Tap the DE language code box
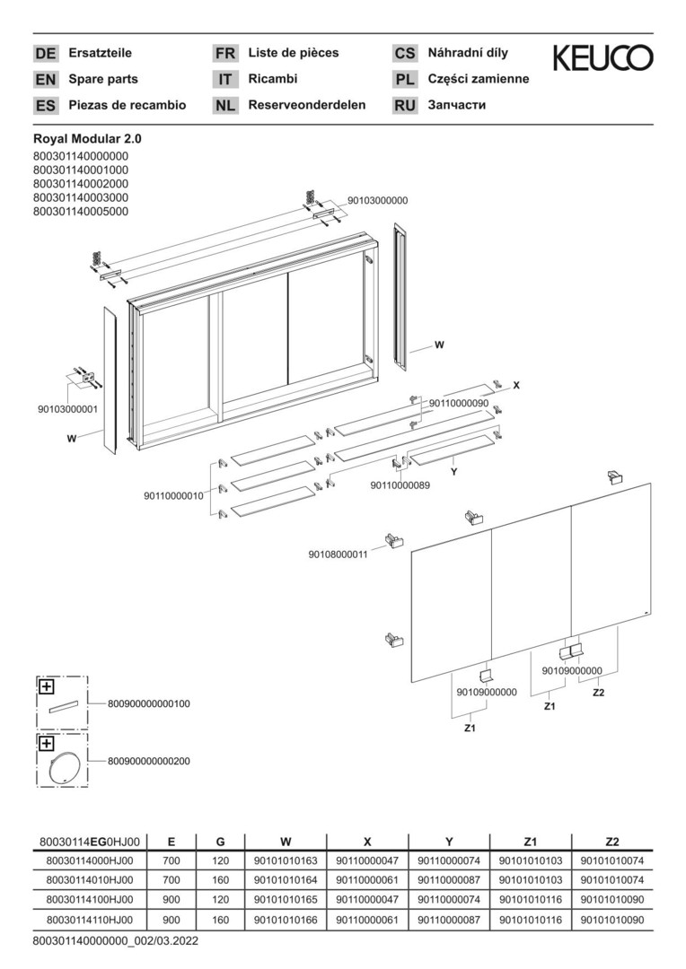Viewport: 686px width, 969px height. coord(45,54)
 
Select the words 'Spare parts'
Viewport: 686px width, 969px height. coord(103,79)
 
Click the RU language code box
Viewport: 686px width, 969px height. coord(405,106)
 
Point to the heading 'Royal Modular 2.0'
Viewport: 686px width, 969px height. coord(87,140)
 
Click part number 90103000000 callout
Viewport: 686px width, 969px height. coord(377,201)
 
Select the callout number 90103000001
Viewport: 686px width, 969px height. coord(67,409)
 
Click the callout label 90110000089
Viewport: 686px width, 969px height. coord(400,485)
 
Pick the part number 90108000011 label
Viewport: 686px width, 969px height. coord(338,554)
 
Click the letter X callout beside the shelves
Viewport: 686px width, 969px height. coord(516,385)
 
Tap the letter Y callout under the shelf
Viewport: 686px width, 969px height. coord(454,472)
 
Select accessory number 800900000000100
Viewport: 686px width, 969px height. coord(148,703)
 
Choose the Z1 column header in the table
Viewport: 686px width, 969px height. coord(530,841)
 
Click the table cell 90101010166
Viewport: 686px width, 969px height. coord(286,921)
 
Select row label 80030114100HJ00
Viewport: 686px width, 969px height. coord(90,900)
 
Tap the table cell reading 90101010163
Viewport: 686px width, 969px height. coord(286,860)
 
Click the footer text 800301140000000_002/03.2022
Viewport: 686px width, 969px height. coord(116,941)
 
